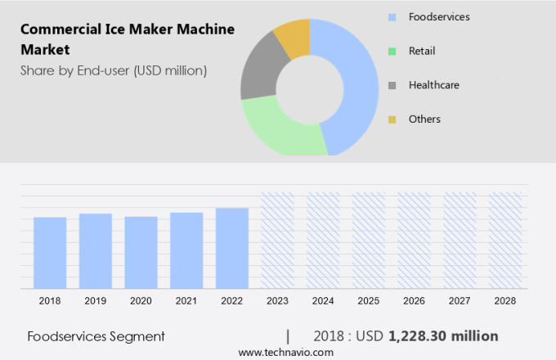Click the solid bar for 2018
pyautogui.click(x=50, y=253)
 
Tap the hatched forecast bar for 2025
pyautogui.click(x=369, y=241)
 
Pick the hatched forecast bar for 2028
pyautogui.click(x=505, y=241)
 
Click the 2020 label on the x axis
pyautogui.click(x=141, y=301)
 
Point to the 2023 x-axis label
pyautogui.click(x=277, y=301)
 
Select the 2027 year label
pyautogui.click(x=460, y=301)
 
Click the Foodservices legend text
pyautogui.click(x=439, y=16)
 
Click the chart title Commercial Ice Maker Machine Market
pyautogui.click(x=127, y=38)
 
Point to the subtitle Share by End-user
pyautogui.click(x=114, y=70)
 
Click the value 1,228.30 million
pyautogui.click(x=443, y=336)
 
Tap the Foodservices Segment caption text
pyautogui.click(x=96, y=336)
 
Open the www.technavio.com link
pyautogui.click(x=285, y=352)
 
